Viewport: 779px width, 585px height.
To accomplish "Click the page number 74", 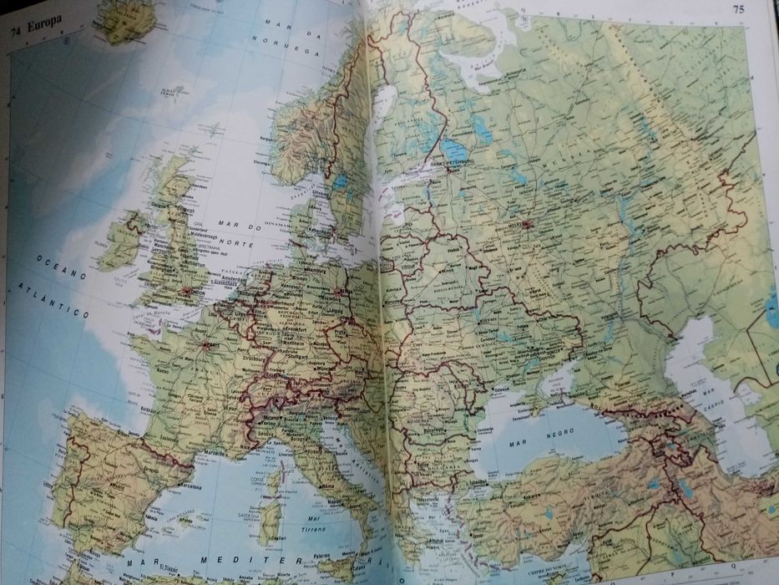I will (16, 33).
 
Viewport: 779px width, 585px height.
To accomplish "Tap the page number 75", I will (738, 10).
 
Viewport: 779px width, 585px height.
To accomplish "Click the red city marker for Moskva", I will (529, 223).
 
